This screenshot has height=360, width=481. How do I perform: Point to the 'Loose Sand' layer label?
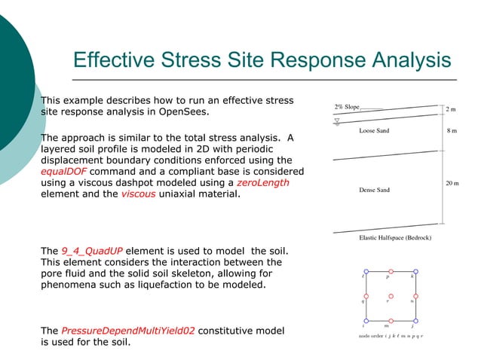click(x=375, y=131)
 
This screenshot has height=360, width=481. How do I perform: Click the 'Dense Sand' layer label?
click(x=375, y=190)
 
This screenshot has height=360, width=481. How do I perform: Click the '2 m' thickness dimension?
click(x=452, y=110)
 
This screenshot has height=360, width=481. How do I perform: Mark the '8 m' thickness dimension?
click(x=452, y=130)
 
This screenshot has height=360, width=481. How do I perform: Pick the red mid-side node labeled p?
click(x=390, y=270)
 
